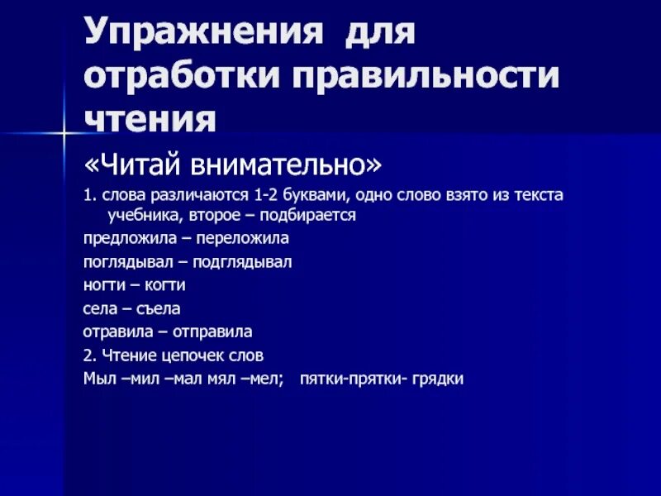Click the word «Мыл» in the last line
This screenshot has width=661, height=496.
click(98, 379)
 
